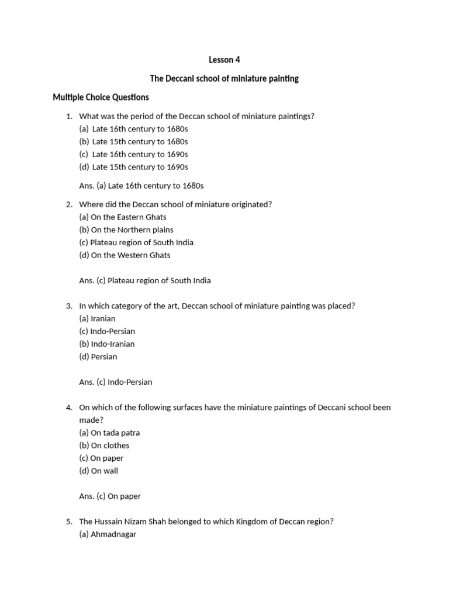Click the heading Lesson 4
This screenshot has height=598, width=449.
[224, 60]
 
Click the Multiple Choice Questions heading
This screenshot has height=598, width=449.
[101, 97]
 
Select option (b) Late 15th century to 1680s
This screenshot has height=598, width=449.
[134, 141]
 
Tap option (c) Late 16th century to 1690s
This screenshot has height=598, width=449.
[134, 154]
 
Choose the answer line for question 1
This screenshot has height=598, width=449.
[141, 186]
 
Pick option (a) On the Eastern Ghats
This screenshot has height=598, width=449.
[123, 217]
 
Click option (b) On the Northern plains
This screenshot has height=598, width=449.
[126, 230]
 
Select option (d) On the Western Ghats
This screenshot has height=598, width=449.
[125, 255]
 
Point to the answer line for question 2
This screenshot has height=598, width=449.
[145, 280]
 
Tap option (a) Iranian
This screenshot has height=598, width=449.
[98, 318]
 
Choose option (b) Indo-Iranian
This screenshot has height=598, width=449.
[107, 344]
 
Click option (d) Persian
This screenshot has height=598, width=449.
[98, 356]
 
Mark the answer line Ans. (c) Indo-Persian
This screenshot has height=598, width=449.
[116, 382]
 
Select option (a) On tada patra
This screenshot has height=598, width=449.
[109, 433]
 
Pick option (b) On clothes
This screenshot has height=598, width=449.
[105, 445]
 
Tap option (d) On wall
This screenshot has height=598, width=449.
[99, 471]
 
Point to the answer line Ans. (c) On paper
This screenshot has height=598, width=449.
[110, 496]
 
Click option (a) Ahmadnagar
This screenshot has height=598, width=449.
[108, 534]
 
